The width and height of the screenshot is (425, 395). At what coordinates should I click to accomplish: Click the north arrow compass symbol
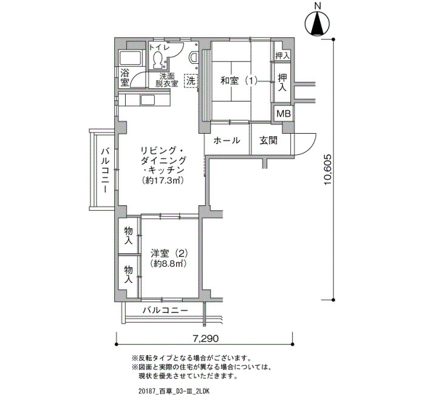[x=317, y=24]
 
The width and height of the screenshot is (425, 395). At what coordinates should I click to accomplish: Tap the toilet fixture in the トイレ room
[x=157, y=60]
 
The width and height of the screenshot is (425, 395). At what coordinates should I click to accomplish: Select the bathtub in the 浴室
[x=131, y=58]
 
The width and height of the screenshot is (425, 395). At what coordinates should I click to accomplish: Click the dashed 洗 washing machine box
[x=191, y=81]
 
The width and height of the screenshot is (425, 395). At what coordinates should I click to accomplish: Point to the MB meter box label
[x=284, y=114]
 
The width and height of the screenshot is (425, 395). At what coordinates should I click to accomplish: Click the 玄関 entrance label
[x=268, y=140]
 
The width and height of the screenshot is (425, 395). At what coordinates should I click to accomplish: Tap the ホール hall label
[x=226, y=140]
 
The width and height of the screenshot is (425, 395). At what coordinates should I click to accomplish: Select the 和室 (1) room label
[x=239, y=81]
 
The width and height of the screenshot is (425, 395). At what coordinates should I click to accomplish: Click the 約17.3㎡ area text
[x=163, y=180]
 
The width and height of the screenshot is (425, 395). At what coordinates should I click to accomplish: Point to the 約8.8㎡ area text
[x=168, y=263]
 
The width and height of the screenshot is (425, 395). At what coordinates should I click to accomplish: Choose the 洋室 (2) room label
[x=169, y=253]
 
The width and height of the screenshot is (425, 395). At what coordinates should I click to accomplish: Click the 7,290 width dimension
[x=205, y=338]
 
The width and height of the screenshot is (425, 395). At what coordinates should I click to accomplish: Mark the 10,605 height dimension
[x=328, y=170]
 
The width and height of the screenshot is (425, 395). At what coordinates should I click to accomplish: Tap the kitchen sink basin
[x=148, y=101]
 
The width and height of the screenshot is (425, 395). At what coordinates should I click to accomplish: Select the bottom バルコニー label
[x=165, y=310]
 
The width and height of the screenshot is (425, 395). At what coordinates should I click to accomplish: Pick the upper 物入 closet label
[x=128, y=236]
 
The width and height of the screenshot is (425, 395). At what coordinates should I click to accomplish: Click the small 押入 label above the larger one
[x=282, y=56]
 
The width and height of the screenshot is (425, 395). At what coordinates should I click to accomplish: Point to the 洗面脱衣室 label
[x=167, y=80]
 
